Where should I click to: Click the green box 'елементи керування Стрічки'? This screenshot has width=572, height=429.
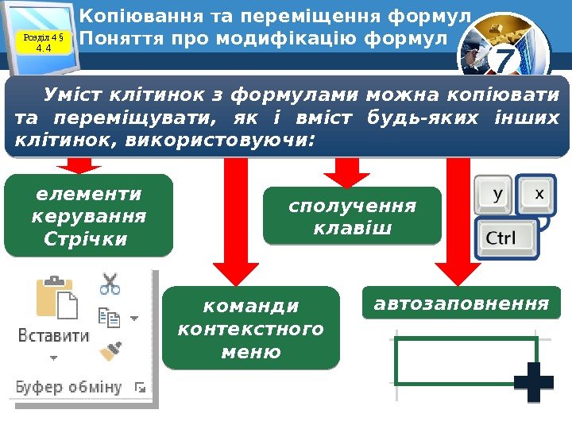click(x=88, y=216)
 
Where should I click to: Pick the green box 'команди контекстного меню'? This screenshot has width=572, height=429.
click(x=250, y=328)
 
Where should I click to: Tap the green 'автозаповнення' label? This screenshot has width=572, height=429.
click(x=460, y=304)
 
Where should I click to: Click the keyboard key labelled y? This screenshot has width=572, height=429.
click(x=497, y=193)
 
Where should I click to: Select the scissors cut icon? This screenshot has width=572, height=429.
click(x=110, y=284)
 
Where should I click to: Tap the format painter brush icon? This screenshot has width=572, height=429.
click(x=109, y=351)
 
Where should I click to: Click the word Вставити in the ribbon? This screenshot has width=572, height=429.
click(x=54, y=335)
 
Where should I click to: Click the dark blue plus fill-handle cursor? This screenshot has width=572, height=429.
click(x=533, y=382)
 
